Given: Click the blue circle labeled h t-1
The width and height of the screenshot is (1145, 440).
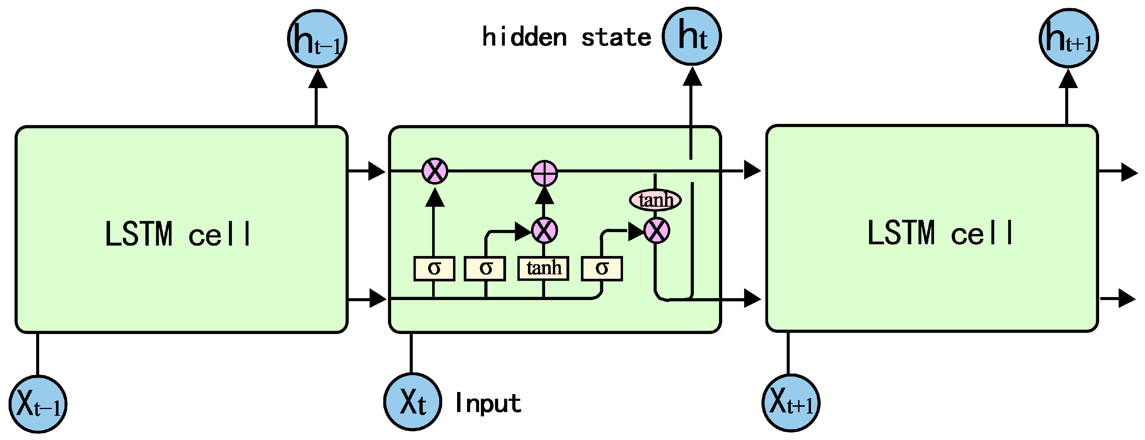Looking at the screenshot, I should [x=317, y=39].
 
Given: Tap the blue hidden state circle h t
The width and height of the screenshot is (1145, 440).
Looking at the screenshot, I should [x=692, y=37].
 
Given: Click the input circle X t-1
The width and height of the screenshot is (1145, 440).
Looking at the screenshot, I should [x=38, y=404].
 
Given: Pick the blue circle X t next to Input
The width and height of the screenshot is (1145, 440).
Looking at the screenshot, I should [x=412, y=402].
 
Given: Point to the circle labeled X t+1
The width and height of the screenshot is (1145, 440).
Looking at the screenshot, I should [x=791, y=403].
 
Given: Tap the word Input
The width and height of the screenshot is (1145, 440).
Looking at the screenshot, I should [x=488, y=403].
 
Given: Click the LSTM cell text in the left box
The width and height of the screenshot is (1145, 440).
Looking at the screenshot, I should [x=178, y=234].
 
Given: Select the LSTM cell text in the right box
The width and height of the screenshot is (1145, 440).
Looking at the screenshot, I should [x=940, y=233].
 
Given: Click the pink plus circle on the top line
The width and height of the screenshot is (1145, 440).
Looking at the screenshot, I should [x=544, y=173].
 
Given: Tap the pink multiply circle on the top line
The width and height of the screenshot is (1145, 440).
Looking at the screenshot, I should [x=435, y=171].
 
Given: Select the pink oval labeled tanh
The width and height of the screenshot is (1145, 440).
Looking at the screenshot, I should [x=655, y=200].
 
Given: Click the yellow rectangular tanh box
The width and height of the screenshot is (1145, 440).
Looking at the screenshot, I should [x=543, y=268].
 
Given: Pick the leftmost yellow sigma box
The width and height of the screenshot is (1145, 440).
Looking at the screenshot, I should [x=434, y=268].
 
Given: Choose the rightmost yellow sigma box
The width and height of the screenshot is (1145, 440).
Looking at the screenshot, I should [x=602, y=268].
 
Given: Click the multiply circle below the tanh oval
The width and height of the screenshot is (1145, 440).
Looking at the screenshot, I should [x=657, y=231].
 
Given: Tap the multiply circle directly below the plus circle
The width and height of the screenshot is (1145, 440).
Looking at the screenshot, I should [x=544, y=231].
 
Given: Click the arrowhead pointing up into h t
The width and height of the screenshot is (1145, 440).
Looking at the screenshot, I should [x=692, y=77].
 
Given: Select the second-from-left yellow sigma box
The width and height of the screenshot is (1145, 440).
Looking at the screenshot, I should [x=485, y=268].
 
